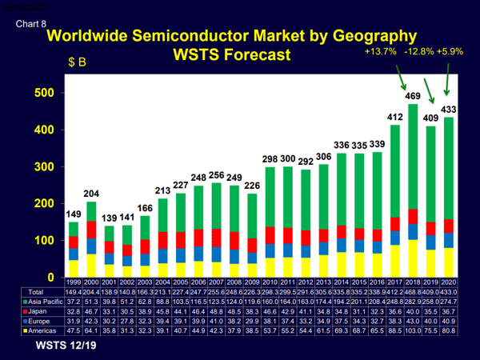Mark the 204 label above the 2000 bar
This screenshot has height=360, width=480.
90,194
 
